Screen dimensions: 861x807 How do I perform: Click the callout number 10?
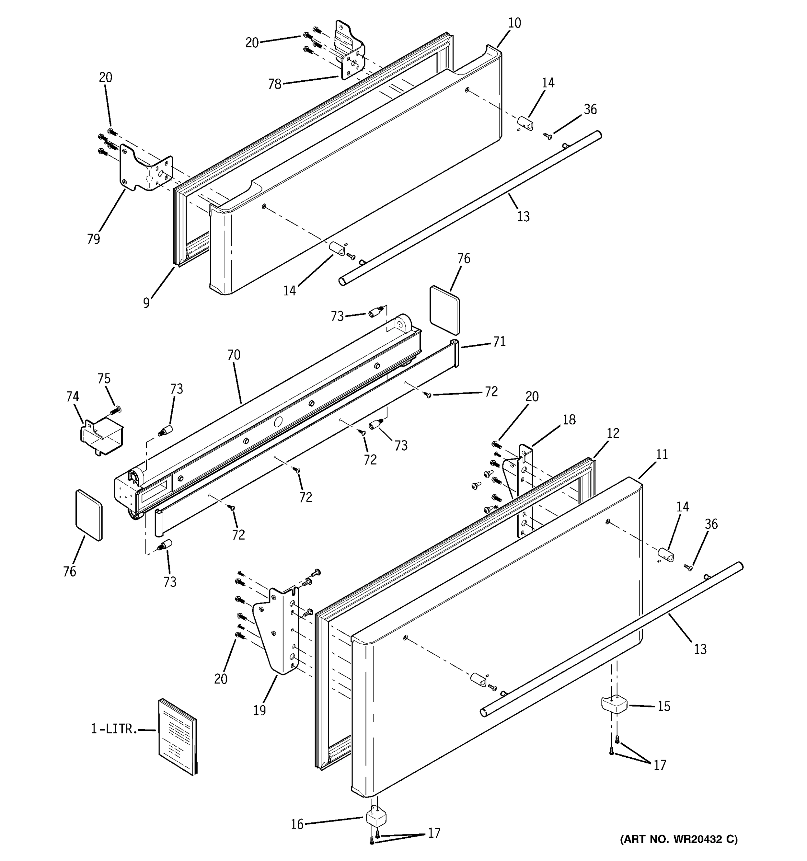pyautogui.click(x=514, y=23)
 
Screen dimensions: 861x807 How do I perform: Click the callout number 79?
pyautogui.click(x=94, y=239)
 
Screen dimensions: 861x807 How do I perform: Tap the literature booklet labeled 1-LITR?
pyautogui.click(x=178, y=736)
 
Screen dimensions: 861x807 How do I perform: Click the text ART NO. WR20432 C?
pyautogui.click(x=678, y=839)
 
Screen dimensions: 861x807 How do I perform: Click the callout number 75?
pyautogui.click(x=104, y=378)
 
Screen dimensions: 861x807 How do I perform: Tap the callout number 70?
pyautogui.click(x=234, y=355)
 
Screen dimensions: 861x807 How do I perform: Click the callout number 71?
pyautogui.click(x=499, y=342)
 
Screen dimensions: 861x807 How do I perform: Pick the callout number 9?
pyautogui.click(x=147, y=303)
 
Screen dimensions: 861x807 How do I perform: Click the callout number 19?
pyautogui.click(x=260, y=711)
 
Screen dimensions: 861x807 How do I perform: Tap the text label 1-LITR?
pyautogui.click(x=114, y=729)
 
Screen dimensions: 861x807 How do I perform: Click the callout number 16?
pyautogui.click(x=297, y=824)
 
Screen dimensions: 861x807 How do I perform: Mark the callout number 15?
pyautogui.click(x=664, y=706)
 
